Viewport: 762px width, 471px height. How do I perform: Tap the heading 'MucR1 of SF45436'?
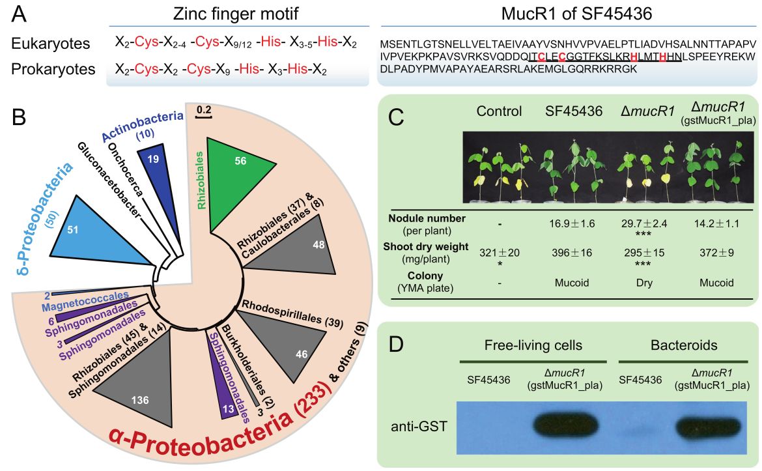pyautogui.click(x=568, y=14)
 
